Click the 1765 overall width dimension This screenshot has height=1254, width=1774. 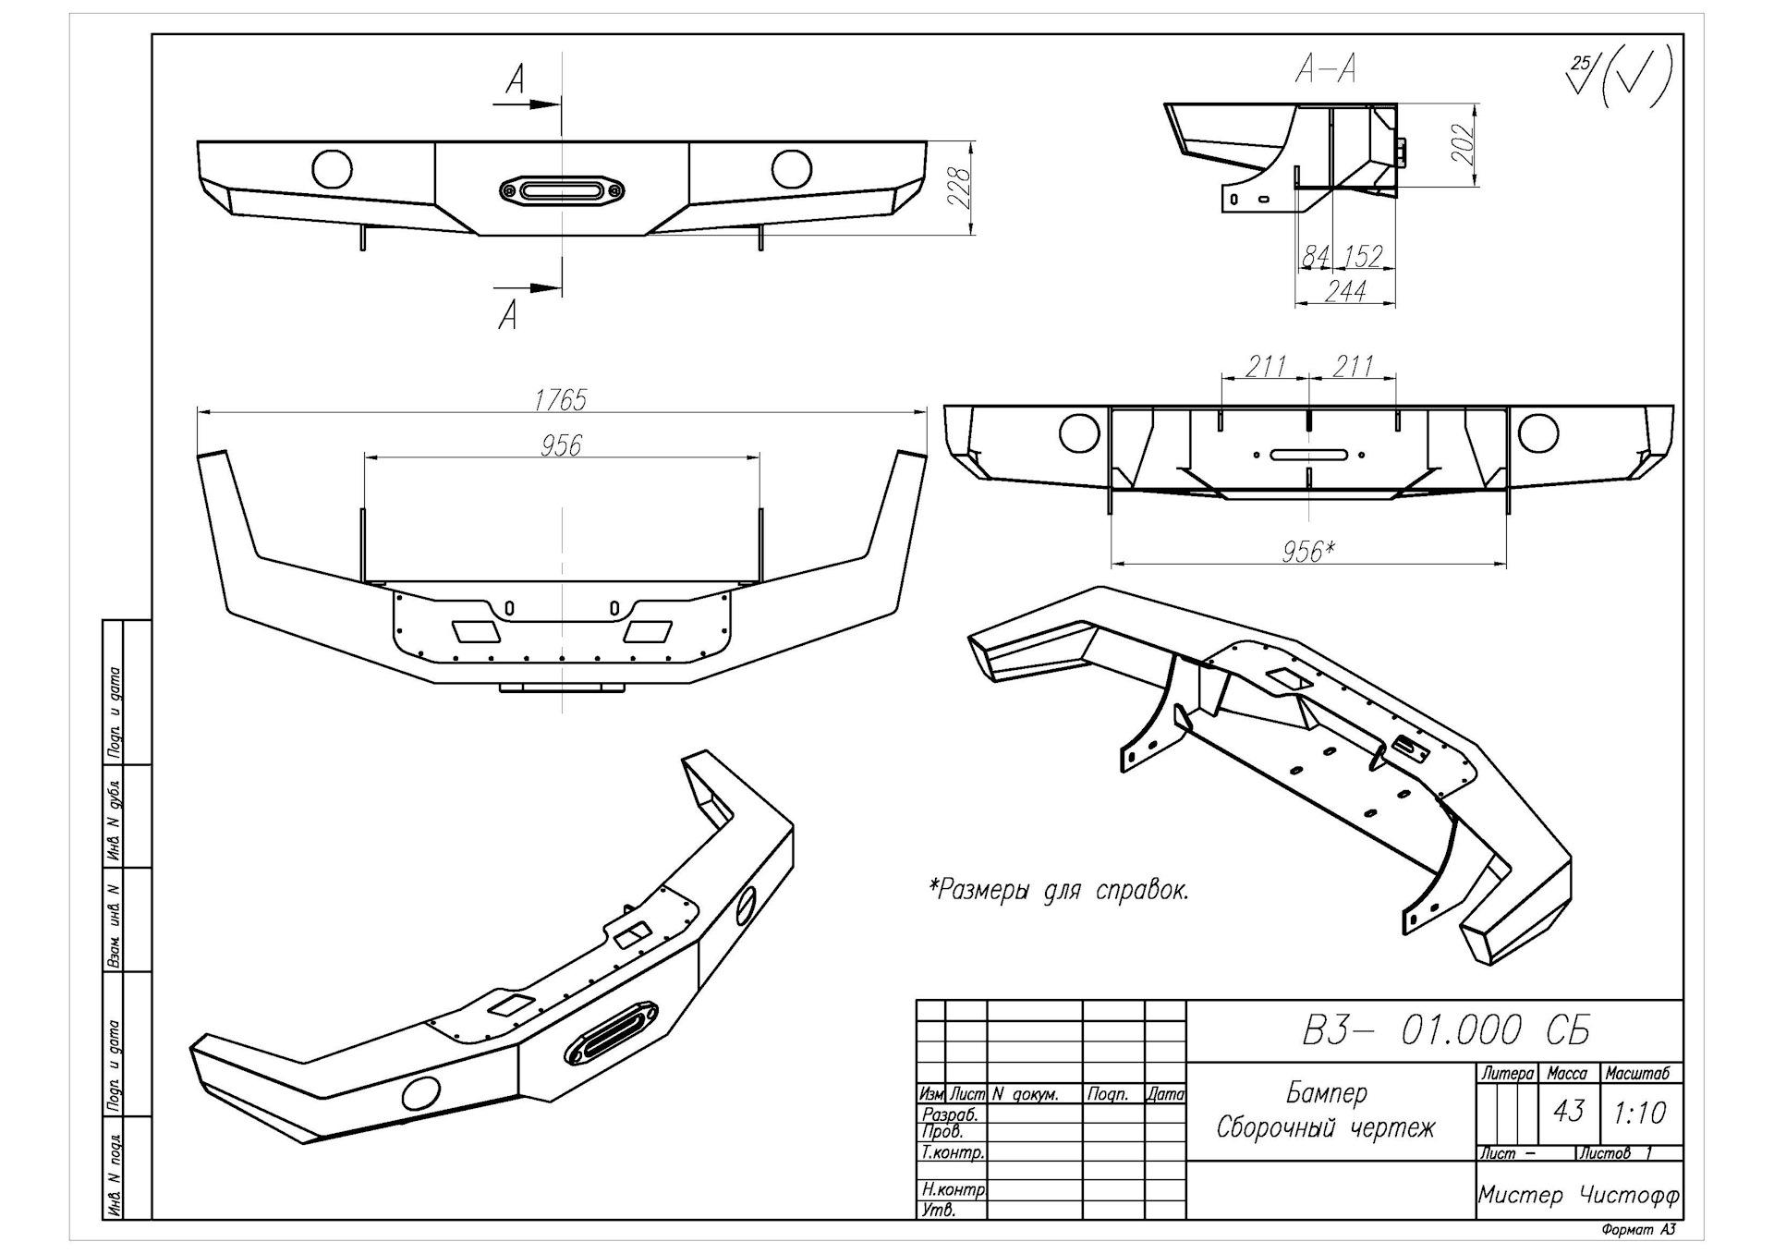pos(560,399)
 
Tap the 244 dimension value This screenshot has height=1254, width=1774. pos(1345,291)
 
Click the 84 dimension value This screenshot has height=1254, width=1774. pos(1314,256)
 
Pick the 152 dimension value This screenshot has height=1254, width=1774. pos(1363,256)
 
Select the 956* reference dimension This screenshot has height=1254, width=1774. pos(1308,552)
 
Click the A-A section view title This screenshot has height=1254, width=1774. pos(1326,67)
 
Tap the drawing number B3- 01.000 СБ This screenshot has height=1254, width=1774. pos(1445,1029)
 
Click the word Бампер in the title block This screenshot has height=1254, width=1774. pos(1326,1093)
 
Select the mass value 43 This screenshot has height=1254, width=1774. pos(1568,1110)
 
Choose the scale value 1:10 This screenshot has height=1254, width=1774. pos(1640,1113)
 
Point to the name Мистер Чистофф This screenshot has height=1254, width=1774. pos(1578,1196)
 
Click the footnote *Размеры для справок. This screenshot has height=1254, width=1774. pos(1059,890)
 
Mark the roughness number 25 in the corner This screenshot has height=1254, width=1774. pos(1582,63)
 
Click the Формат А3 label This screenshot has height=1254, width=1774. pos(1637,1230)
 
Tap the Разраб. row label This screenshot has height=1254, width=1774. pos(950,1115)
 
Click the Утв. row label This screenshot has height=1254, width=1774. pos(939,1210)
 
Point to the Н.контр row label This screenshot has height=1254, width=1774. pos(954,1189)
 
